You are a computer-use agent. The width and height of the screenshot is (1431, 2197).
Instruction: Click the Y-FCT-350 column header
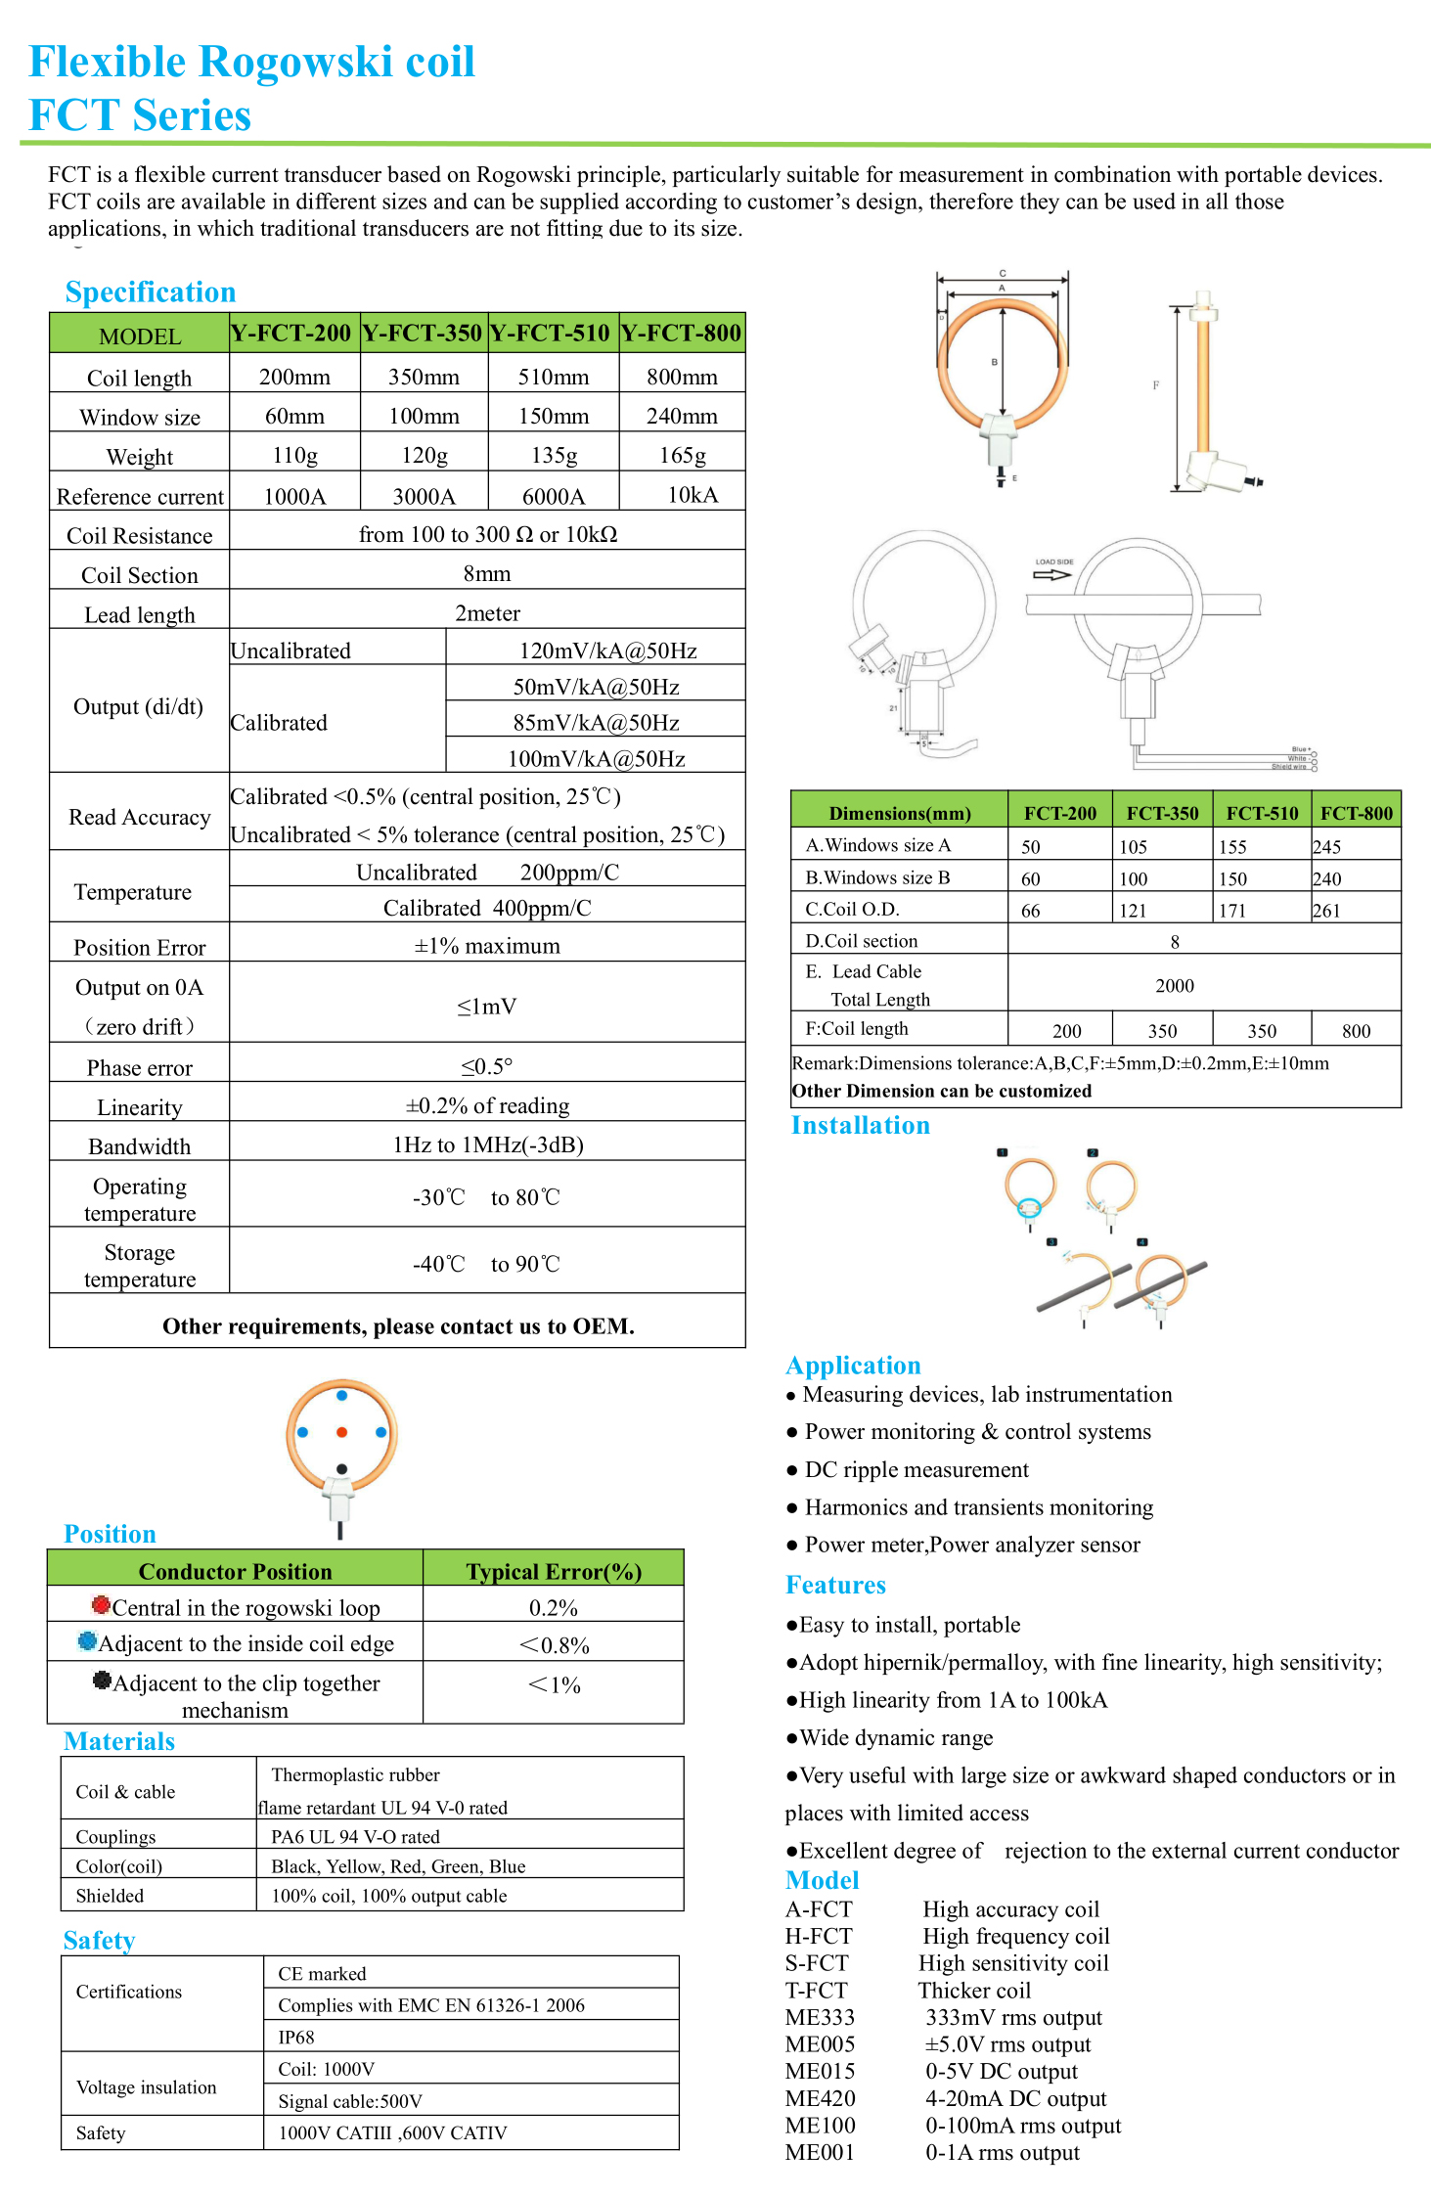(423, 334)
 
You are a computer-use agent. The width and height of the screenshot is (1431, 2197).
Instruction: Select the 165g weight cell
(682, 455)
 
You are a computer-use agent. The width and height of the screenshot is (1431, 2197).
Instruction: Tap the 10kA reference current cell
(693, 495)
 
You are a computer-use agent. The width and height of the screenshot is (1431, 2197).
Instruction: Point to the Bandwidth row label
(140, 1146)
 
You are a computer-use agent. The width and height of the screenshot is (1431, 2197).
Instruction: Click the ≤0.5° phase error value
(487, 1066)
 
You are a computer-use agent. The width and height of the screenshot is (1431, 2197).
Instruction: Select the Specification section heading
(151, 292)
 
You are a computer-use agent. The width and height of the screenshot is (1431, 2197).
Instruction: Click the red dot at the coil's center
(341, 1432)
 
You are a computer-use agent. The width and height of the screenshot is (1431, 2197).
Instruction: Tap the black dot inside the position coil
(341, 1469)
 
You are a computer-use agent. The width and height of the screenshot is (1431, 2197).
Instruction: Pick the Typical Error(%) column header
(554, 1571)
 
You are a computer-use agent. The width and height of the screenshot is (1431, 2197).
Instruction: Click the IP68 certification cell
(296, 2038)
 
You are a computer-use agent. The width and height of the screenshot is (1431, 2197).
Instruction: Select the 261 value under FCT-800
(1326, 911)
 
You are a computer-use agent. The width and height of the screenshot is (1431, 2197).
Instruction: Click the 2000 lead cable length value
(1175, 986)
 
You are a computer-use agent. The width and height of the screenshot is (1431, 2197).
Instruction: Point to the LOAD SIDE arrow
(1052, 574)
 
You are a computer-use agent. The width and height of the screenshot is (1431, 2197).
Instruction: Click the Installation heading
(860, 1126)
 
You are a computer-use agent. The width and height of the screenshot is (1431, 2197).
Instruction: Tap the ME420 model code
(820, 2098)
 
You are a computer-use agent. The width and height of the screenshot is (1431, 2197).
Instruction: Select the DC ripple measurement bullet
(917, 1470)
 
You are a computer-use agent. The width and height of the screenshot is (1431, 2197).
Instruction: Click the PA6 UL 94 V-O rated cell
(355, 1837)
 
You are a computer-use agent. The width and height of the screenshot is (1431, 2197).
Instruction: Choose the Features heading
(835, 1586)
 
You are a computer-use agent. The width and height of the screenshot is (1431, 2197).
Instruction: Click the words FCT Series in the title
(140, 115)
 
